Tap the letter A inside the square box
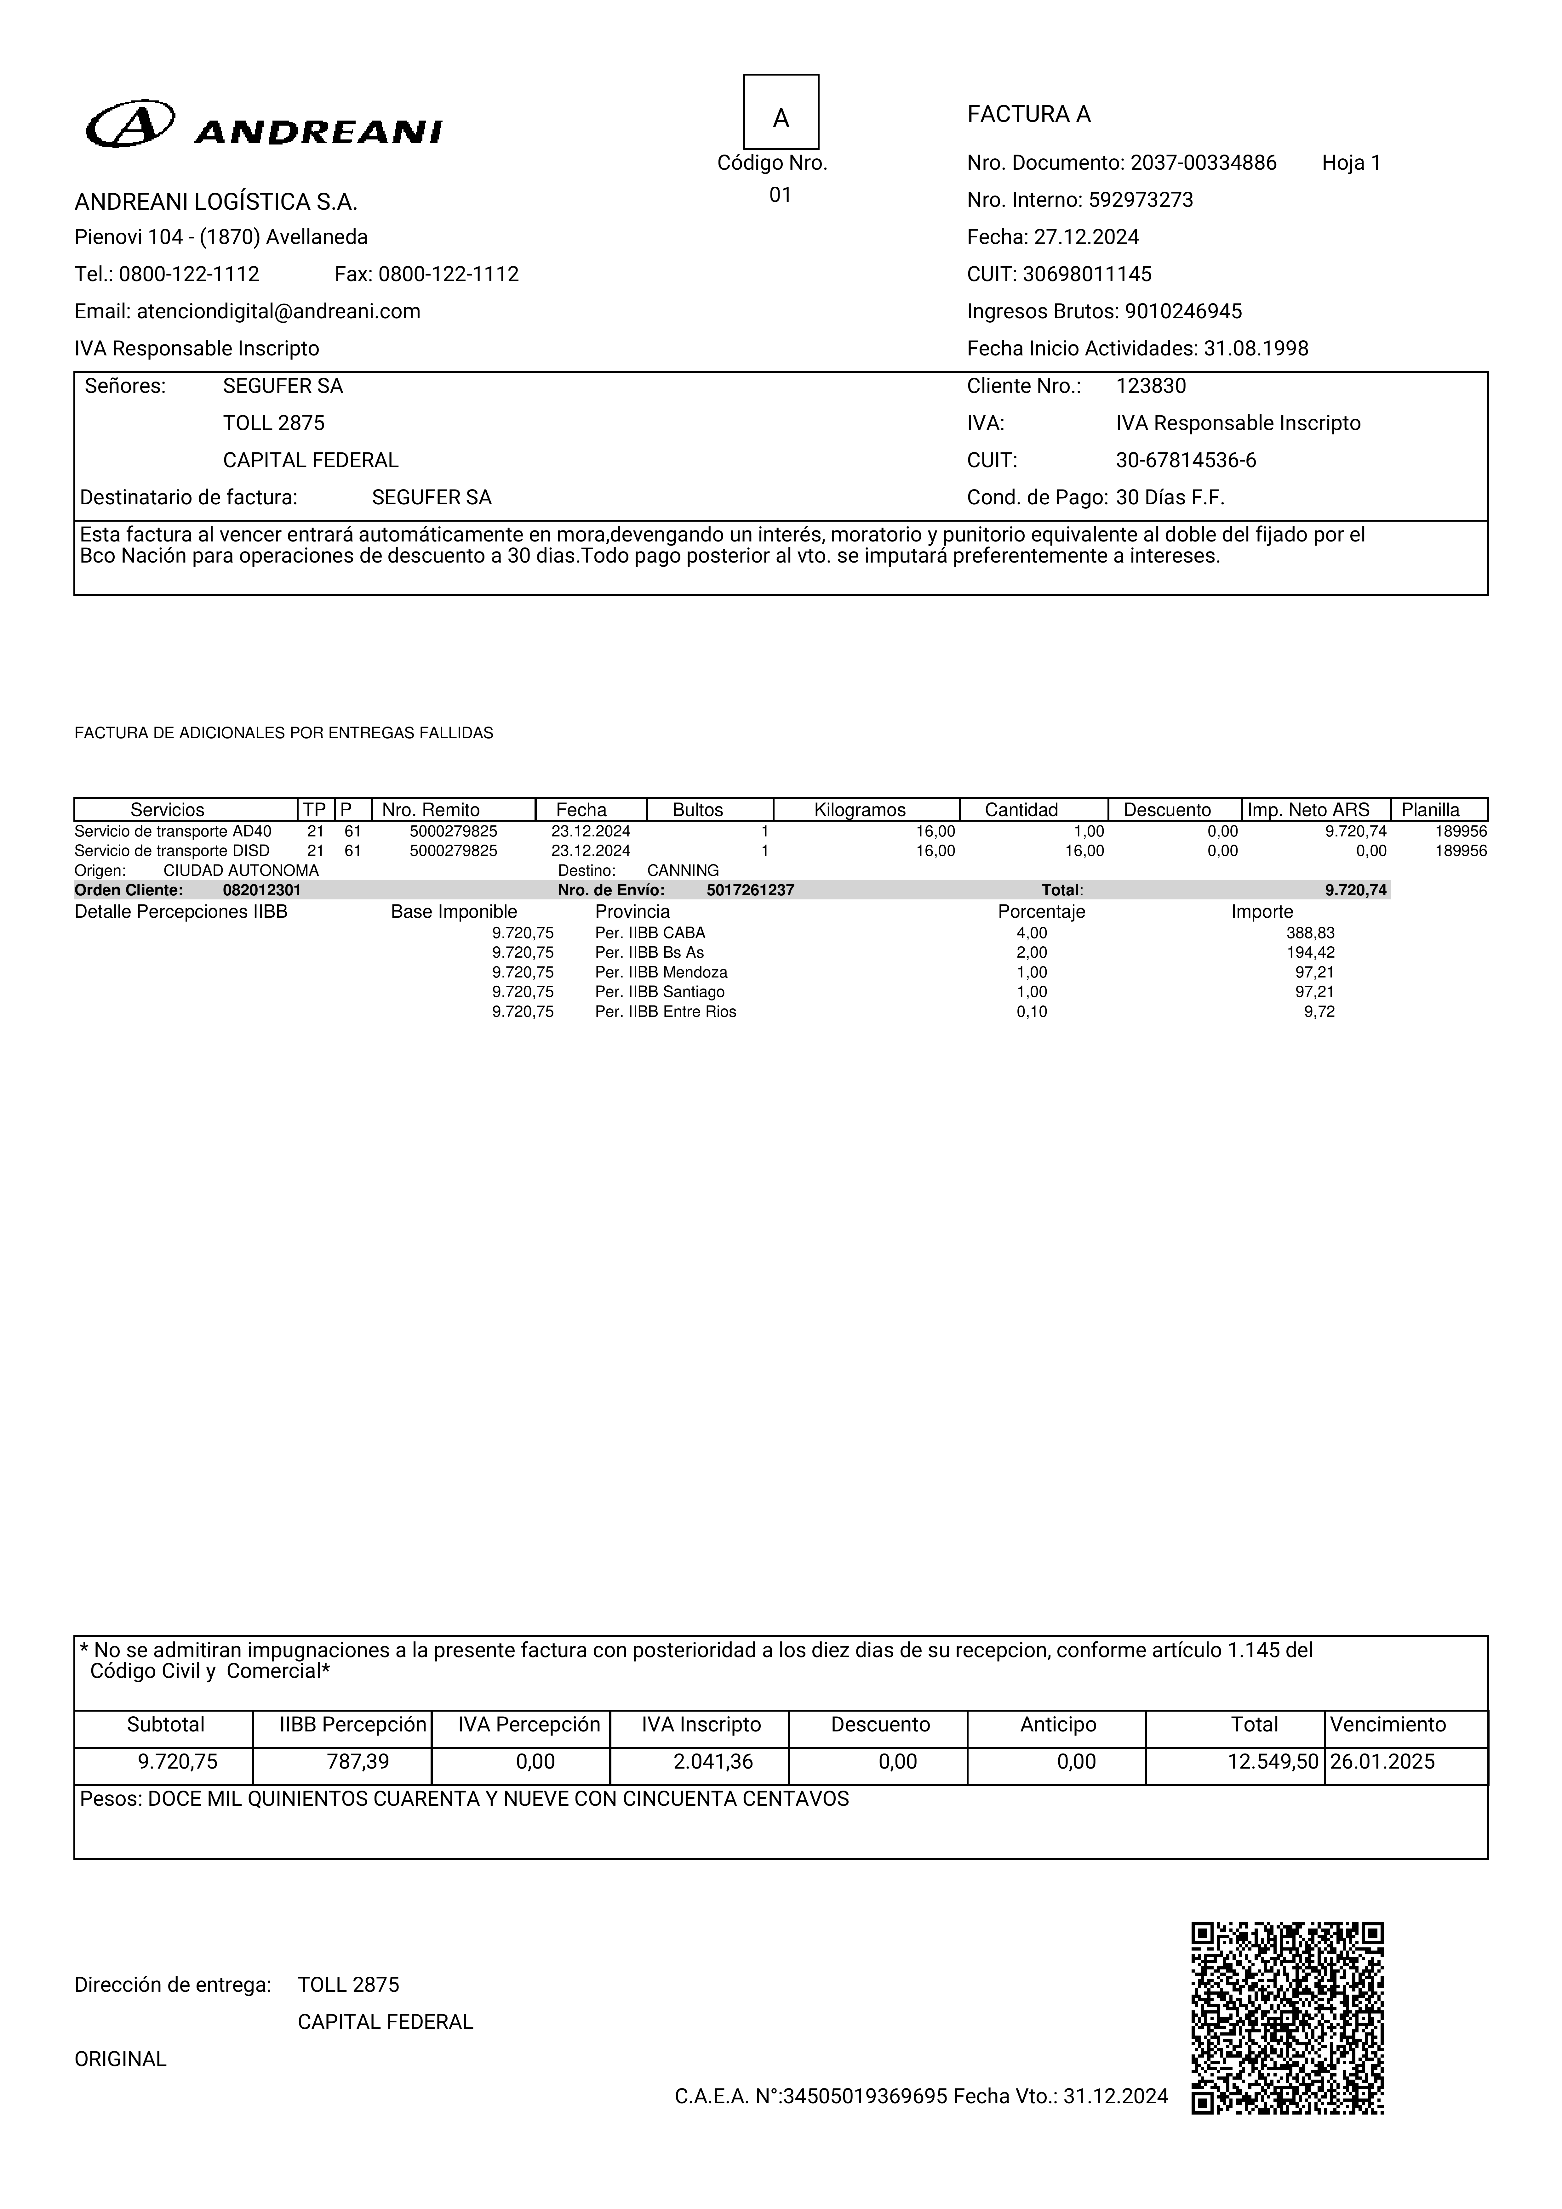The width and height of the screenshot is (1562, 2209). pos(781,117)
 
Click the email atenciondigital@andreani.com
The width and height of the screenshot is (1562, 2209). pos(278,311)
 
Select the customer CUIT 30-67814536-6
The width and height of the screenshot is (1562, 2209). pos(1186,460)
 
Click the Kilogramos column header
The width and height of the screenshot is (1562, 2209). pos(860,809)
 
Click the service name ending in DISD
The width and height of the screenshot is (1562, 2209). pos(172,851)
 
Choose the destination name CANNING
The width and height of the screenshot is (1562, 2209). pos(682,870)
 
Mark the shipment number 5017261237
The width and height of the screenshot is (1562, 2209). pos(750,890)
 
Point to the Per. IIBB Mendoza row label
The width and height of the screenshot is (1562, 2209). pos(661,972)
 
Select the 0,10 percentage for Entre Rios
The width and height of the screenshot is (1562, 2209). pos(1032,1011)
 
